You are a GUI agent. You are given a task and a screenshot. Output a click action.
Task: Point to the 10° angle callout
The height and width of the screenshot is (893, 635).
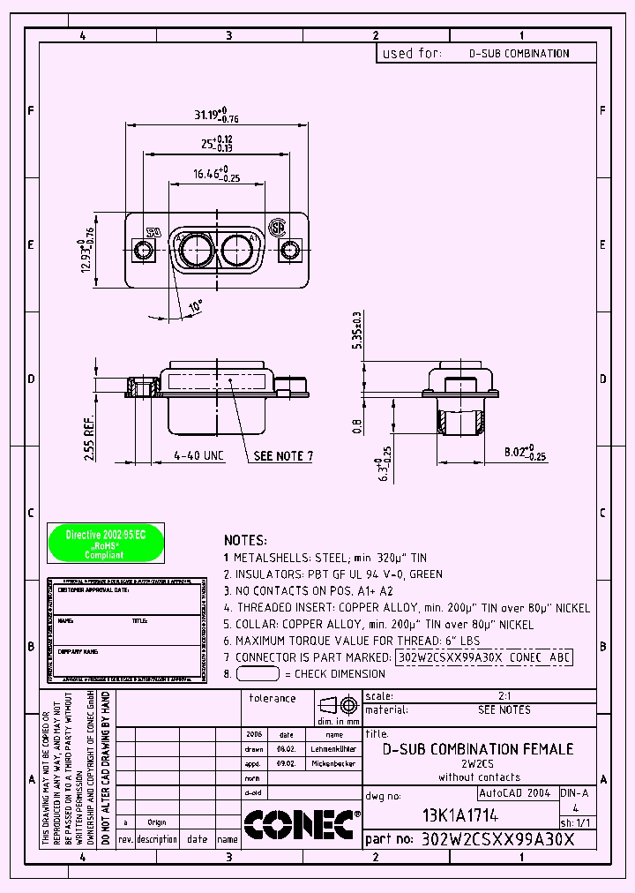194,306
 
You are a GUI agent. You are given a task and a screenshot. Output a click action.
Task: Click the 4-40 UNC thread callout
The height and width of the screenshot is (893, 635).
198,456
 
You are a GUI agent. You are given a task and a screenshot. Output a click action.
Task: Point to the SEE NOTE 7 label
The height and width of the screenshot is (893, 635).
283,456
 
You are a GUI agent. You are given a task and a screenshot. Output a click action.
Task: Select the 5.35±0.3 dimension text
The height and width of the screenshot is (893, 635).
357,331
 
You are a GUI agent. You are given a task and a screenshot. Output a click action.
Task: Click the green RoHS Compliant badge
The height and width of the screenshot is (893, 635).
105,544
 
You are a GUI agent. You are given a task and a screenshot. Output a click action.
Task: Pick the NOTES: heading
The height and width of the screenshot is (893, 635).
245,540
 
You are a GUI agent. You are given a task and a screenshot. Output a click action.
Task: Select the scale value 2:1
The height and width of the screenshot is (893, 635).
504,696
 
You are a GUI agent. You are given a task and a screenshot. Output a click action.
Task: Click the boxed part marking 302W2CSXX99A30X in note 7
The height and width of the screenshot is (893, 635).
450,657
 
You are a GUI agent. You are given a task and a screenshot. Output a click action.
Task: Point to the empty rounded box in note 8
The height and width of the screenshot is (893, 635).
258,673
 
